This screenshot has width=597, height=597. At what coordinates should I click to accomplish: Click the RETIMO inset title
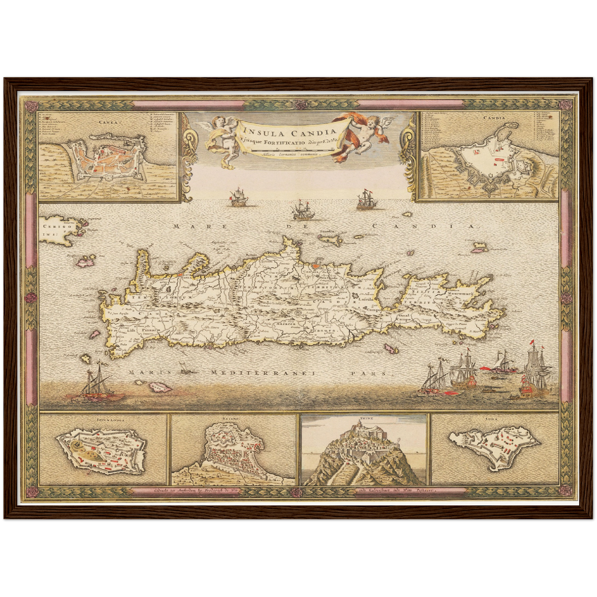click(234, 418)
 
